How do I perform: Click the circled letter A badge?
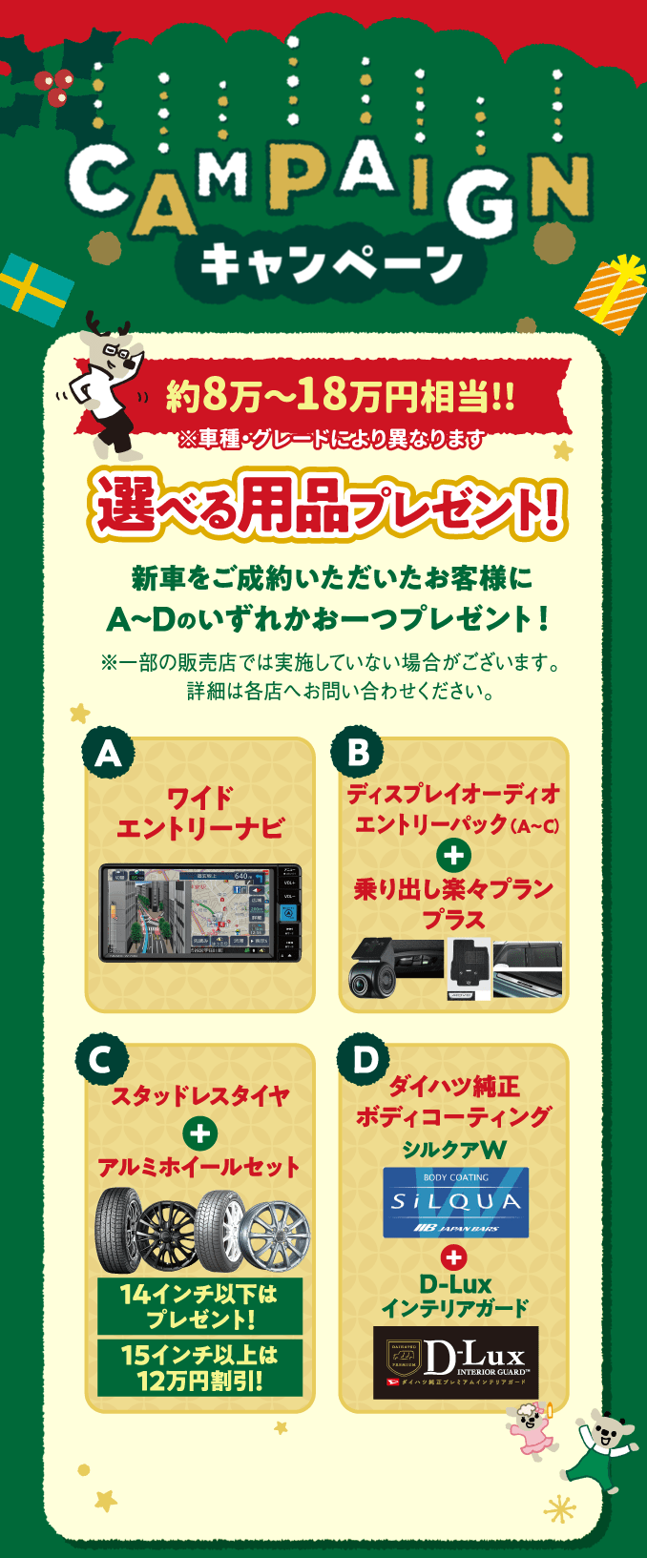pyautogui.click(x=108, y=754)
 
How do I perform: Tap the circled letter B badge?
pyautogui.click(x=357, y=753)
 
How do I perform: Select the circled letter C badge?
pyautogui.click(x=101, y=1060)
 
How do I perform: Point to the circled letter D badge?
pyautogui.click(x=364, y=1060)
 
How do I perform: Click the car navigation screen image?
pyautogui.click(x=200, y=913)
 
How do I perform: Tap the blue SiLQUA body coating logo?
pyautogui.click(x=455, y=1202)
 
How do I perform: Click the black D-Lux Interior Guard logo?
pyautogui.click(x=455, y=1361)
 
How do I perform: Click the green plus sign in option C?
pyautogui.click(x=199, y=1133)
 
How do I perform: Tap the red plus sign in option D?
pyautogui.click(x=454, y=1257)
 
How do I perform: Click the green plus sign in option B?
pyautogui.click(x=453, y=855)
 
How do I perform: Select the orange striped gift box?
pyautogui.click(x=611, y=294)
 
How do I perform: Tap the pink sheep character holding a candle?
pyautogui.click(x=531, y=1428)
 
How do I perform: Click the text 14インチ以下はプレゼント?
pyautogui.click(x=199, y=1306)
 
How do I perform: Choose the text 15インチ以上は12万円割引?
pyautogui.click(x=199, y=1367)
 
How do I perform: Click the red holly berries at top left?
pyautogui.click(x=53, y=87)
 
